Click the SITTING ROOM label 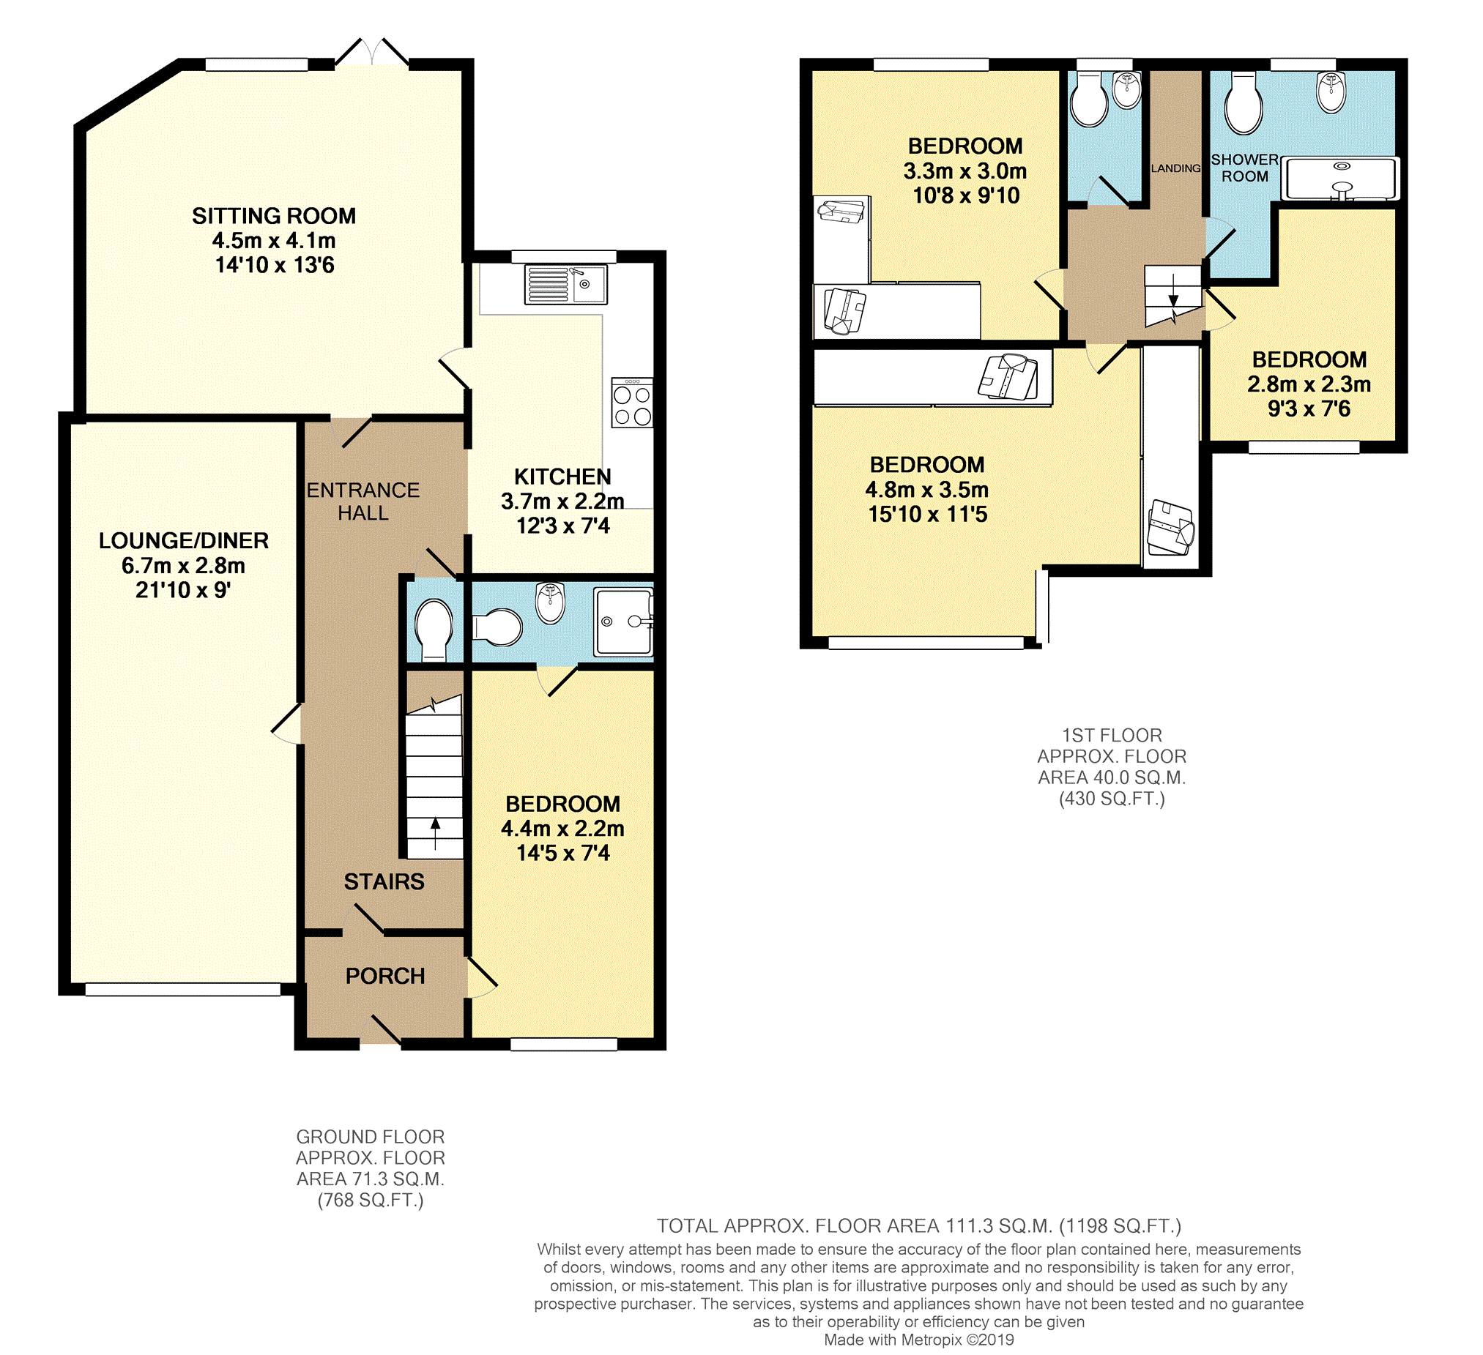(274, 215)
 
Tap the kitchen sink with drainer (565, 284)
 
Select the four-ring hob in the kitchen (632, 402)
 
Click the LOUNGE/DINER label (184, 540)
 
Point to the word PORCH (385, 976)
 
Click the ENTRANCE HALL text (363, 501)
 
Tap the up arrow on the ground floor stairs (435, 833)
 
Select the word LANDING (1175, 168)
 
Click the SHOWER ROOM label (1245, 168)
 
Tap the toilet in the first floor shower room (1244, 103)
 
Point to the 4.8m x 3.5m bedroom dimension (927, 489)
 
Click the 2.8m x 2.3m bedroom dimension (1309, 384)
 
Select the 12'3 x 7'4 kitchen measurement (562, 526)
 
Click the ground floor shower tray (624, 621)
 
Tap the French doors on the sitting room (371, 53)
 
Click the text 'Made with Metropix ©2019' (919, 1340)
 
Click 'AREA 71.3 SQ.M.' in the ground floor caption (370, 1179)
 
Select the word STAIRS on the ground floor (384, 881)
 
